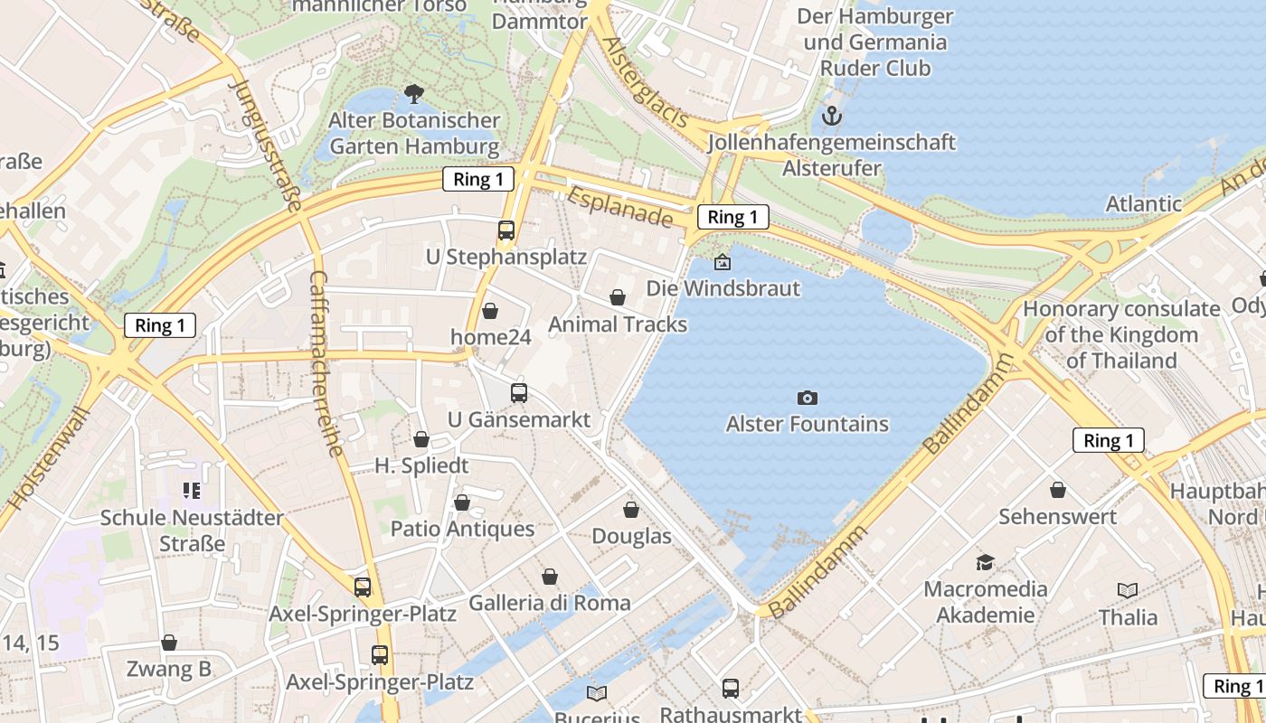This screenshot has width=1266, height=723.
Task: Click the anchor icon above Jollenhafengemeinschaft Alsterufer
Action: pos(831,116)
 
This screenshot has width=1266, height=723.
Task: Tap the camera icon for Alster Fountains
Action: pos(807,398)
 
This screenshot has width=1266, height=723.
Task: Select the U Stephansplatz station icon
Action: pos(506,230)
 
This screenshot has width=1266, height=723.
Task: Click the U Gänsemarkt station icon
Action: pos(519,393)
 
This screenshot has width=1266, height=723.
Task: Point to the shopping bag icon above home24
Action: pos(490,312)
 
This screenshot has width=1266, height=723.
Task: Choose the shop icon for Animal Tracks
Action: pos(618,297)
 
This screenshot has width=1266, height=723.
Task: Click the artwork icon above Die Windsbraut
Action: pos(723,263)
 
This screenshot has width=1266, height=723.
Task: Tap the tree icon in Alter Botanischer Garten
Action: pos(414,93)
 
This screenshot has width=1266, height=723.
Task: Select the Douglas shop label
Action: pos(631,536)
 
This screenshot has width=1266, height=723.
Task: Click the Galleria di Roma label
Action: pos(550,603)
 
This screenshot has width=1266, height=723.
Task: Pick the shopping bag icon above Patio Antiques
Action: pos(462,502)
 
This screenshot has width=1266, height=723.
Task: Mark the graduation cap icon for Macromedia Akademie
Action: pos(985,563)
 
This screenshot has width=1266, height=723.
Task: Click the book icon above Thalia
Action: pos(1128,591)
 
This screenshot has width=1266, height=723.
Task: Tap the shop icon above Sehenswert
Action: pos(1057,490)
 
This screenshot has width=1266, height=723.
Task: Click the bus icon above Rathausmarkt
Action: pos(731,689)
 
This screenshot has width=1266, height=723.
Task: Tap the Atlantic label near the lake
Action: pos(1144,203)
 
